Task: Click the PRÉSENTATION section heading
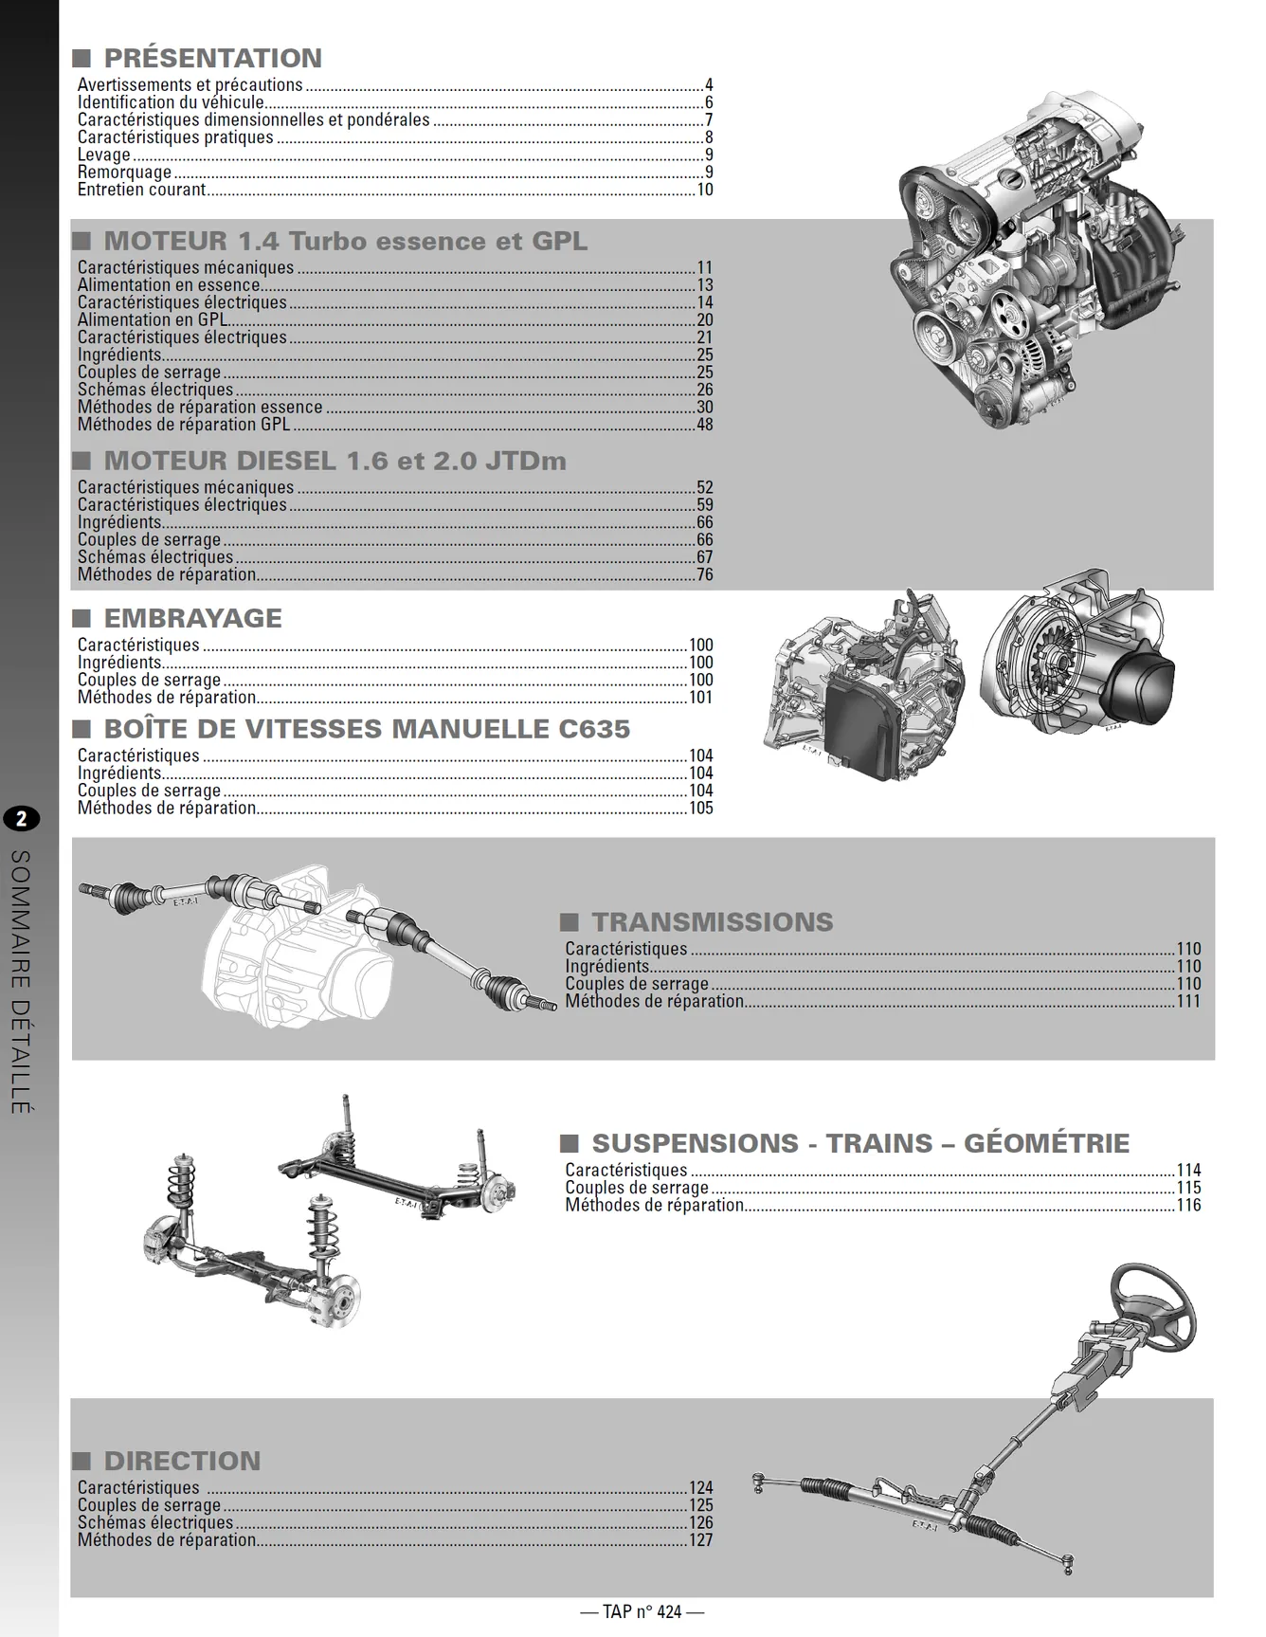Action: (212, 58)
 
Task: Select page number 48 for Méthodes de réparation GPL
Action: (704, 425)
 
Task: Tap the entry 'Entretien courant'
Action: (141, 190)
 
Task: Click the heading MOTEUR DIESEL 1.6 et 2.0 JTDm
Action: (335, 461)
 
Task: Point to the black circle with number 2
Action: (21, 819)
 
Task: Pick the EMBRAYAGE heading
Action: (192, 618)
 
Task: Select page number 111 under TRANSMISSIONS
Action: (1188, 1001)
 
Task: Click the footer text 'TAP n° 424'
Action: (642, 1611)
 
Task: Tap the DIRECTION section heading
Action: (182, 1461)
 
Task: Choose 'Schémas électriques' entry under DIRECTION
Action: (155, 1522)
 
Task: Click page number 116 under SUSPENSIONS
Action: (1188, 1205)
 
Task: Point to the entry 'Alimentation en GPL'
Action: (153, 319)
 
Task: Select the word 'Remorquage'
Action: (124, 173)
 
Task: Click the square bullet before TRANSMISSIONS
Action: (569, 922)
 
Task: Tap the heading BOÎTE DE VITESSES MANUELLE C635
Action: (367, 729)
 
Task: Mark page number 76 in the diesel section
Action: (704, 574)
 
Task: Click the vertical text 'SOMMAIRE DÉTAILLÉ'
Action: (21, 981)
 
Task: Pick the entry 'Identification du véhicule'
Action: (171, 102)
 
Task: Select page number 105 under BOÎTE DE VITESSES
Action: (701, 809)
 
